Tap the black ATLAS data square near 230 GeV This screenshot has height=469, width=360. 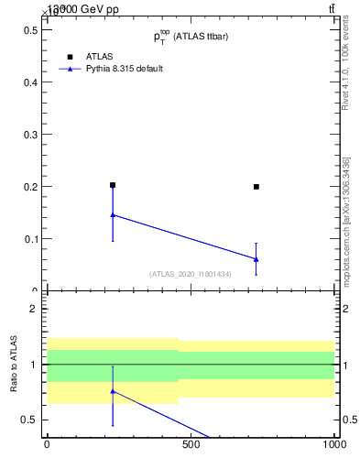(113, 185)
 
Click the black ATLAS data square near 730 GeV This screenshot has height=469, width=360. (256, 186)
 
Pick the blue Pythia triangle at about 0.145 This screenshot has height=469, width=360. (113, 215)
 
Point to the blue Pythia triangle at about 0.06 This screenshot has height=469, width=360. (256, 259)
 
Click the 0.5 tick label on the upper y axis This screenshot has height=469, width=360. (30, 29)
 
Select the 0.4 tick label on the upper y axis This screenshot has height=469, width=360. (30, 82)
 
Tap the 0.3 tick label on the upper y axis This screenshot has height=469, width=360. (30, 135)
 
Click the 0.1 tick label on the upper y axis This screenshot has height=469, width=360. (30, 239)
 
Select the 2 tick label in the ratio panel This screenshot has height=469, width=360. (34, 309)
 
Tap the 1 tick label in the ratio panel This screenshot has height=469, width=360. (34, 365)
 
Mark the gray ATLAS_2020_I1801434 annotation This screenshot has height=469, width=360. (191, 274)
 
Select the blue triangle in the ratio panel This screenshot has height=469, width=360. (113, 391)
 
